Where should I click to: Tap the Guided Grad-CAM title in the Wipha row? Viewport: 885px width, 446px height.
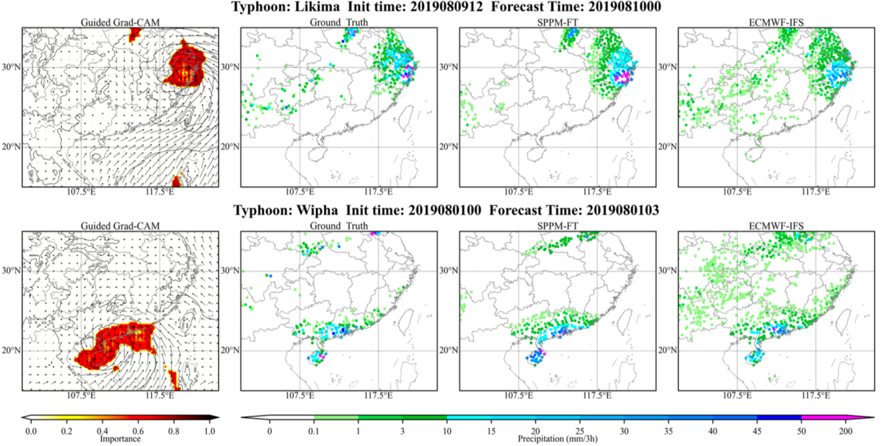pos(119,226)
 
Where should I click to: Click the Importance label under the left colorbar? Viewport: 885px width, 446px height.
pos(119,439)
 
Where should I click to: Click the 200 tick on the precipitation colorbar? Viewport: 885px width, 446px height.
pos(845,431)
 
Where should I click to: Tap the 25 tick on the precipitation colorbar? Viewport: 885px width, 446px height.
pos(580,431)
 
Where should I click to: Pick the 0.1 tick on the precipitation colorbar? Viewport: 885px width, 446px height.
pos(315,431)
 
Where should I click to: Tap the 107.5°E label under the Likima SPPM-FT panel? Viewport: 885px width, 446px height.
pos(518,192)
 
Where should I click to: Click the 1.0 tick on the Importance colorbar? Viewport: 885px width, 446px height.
pos(209,431)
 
